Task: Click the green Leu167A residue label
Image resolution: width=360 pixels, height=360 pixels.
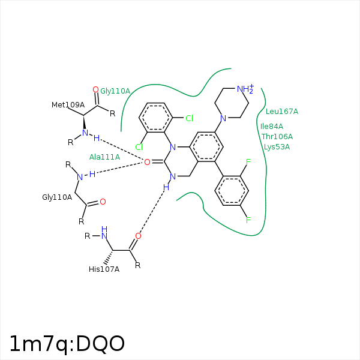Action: [x=282, y=112]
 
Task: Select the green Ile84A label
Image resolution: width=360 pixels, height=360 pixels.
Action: [x=272, y=126]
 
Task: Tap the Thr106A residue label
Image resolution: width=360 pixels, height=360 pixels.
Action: [x=277, y=137]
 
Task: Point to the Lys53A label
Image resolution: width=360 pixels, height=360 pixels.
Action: [x=277, y=147]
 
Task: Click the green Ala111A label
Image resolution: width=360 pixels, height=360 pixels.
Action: [x=104, y=157]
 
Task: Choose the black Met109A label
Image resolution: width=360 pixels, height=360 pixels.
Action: [x=68, y=105]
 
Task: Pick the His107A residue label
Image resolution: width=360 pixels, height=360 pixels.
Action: [x=104, y=269]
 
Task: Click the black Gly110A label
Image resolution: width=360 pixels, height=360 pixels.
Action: [x=57, y=197]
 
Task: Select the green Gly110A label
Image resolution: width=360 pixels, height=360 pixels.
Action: [x=115, y=91]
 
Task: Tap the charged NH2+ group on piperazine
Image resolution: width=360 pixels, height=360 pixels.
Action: [x=245, y=89]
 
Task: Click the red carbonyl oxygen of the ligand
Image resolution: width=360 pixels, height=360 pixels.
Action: [x=147, y=162]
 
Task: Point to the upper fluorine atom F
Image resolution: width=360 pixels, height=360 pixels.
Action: [x=248, y=162]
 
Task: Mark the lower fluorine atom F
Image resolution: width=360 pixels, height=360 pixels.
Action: [x=248, y=220]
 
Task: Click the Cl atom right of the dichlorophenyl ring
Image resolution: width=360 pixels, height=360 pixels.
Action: [x=189, y=118]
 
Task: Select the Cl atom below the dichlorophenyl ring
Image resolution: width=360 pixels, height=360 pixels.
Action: [x=139, y=147]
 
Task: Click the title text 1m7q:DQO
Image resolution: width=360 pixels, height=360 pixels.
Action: [x=67, y=343]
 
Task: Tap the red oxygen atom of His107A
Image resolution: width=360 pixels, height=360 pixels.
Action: [x=138, y=236]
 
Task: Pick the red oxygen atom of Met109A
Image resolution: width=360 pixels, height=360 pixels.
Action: [x=95, y=89]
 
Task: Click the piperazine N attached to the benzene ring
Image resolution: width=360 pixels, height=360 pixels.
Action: [x=223, y=118]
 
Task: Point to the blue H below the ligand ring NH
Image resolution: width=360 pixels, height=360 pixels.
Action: [x=166, y=188]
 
